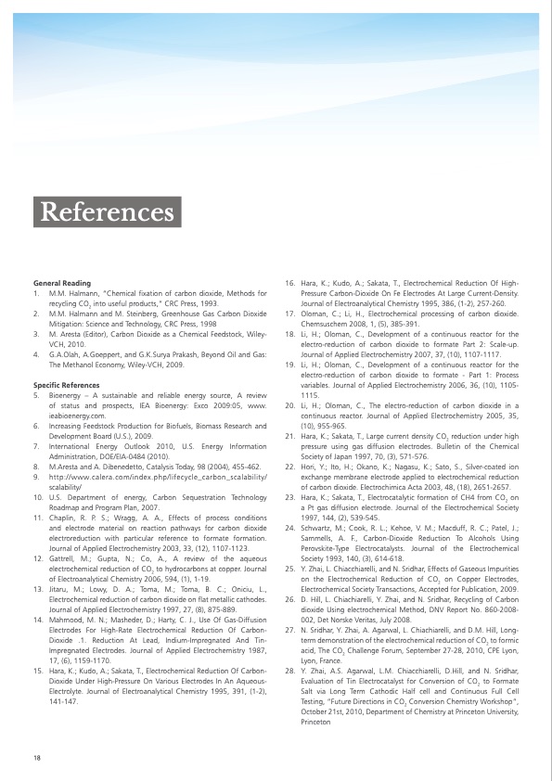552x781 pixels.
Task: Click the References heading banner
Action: pyautogui.click(x=107, y=211)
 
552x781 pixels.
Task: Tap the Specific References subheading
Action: pyautogui.click(x=67, y=409)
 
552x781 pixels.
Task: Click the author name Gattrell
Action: pyautogui.click(x=64, y=548)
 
